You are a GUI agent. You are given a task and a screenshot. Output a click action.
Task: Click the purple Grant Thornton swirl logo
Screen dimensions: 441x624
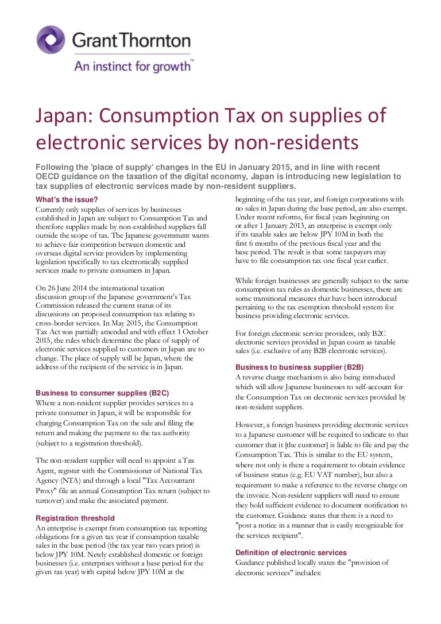(x=51, y=40)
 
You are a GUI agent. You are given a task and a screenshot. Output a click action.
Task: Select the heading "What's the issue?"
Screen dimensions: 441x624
(x=67, y=200)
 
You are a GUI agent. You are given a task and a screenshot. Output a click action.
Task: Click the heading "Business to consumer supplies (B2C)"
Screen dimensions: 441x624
(x=102, y=393)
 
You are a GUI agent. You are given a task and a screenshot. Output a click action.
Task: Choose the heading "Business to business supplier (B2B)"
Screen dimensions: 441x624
(x=300, y=367)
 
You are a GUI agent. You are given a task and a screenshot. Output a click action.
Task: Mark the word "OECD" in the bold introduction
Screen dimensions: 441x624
(x=50, y=176)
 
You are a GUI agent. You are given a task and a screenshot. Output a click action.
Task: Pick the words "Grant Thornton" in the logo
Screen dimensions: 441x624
(x=131, y=40)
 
